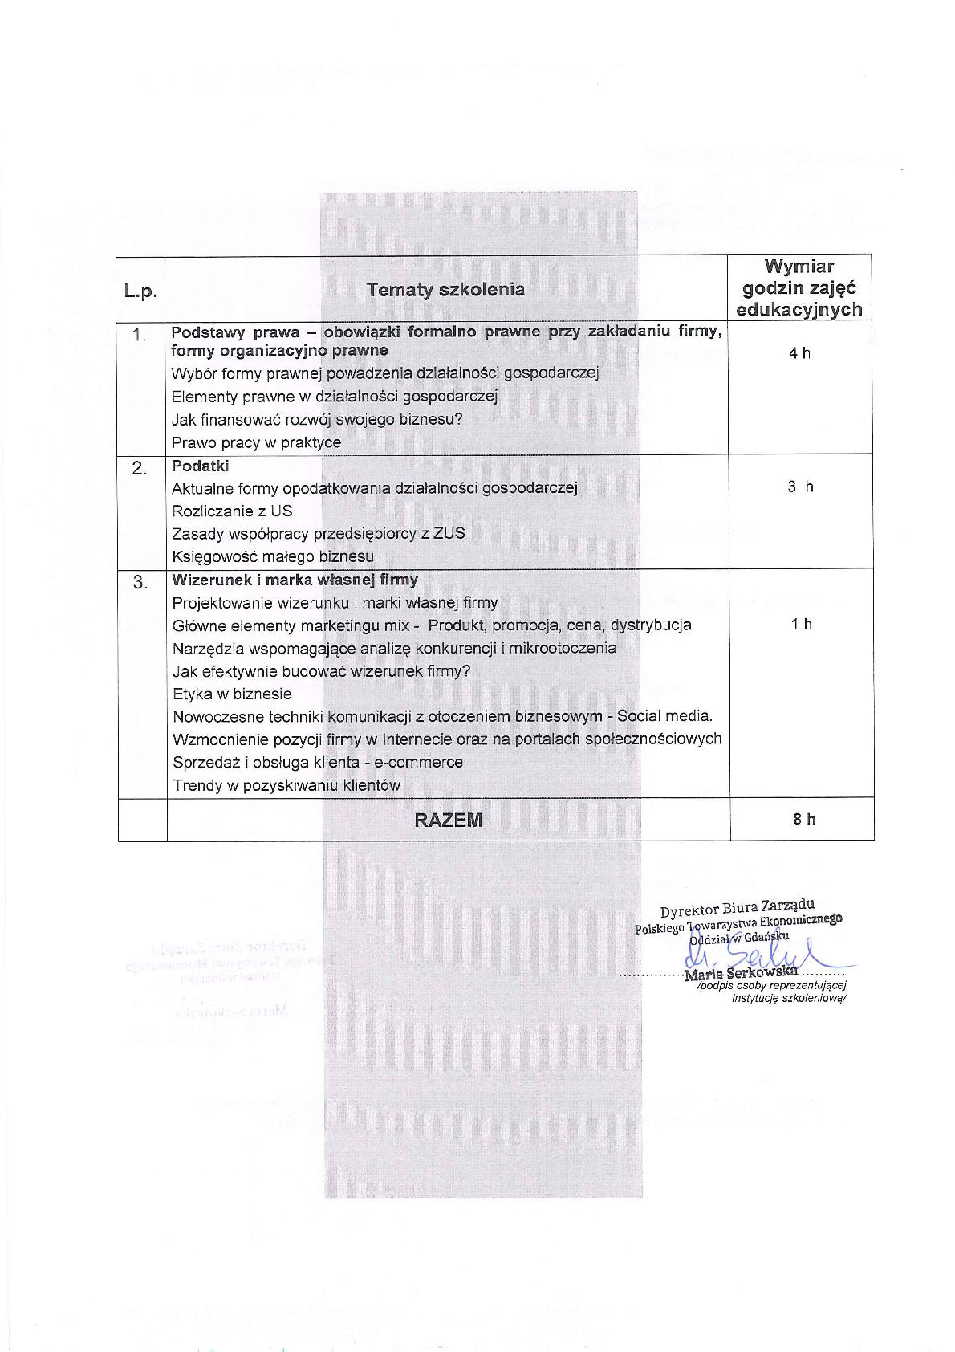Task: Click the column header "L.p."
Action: click(140, 291)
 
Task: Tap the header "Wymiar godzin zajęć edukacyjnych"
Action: click(799, 287)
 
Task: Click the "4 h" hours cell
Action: click(799, 353)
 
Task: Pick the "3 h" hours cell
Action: click(800, 487)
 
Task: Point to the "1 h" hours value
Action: click(801, 624)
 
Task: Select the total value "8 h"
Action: click(803, 819)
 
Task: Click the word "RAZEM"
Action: click(449, 820)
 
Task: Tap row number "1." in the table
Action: click(140, 335)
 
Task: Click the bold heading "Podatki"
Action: click(200, 466)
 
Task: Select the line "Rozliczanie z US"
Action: click(232, 511)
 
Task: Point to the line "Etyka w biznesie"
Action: click(232, 694)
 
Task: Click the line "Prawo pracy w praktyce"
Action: click(256, 442)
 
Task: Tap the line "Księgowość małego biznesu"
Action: click(273, 556)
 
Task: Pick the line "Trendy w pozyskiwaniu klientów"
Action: click(286, 785)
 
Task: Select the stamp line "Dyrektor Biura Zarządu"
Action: click(738, 908)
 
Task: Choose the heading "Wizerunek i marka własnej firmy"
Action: click(295, 580)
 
